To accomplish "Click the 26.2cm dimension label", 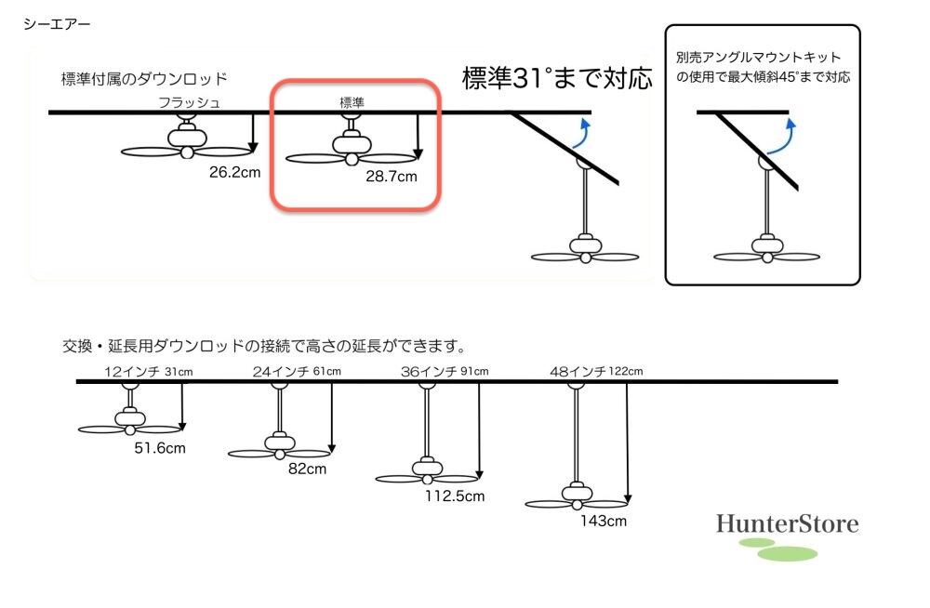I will (234, 171).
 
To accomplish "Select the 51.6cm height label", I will (160, 449).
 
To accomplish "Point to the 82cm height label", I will (307, 469).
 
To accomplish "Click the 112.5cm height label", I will (455, 496).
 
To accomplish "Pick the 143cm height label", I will (603, 521).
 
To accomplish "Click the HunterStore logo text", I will (787, 524).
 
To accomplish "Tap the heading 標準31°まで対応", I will (558, 78).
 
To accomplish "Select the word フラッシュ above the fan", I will (189, 101).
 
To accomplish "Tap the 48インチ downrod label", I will (578, 372).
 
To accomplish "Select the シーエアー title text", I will (57, 24).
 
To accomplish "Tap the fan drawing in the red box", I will (352, 149).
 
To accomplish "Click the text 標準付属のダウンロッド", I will (144, 79).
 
